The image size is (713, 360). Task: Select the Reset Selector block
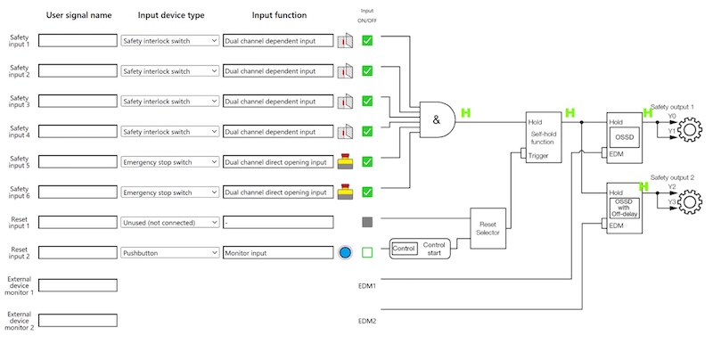(x=488, y=229)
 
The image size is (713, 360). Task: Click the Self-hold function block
(x=543, y=137)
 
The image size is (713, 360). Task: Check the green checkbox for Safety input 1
(x=367, y=40)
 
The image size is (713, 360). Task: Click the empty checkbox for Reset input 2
(x=367, y=253)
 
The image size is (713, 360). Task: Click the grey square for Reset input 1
(x=367, y=222)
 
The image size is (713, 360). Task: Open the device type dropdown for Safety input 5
(x=169, y=162)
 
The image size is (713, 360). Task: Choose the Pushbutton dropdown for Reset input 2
(x=169, y=253)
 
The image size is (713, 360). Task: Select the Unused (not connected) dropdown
(x=169, y=223)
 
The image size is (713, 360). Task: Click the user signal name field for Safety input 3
(x=78, y=102)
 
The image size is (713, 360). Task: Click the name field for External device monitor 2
(x=78, y=320)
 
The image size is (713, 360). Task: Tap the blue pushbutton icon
(x=346, y=253)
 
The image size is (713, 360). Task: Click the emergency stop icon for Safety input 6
(x=346, y=192)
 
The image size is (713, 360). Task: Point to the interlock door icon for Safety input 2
(x=346, y=71)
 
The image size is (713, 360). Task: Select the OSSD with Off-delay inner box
(x=624, y=207)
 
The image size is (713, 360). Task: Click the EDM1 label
(x=367, y=286)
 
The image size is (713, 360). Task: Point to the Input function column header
(x=279, y=15)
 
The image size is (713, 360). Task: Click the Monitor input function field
(x=277, y=253)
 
